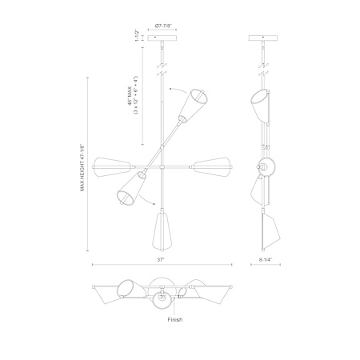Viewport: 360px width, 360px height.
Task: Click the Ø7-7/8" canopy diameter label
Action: coord(162,26)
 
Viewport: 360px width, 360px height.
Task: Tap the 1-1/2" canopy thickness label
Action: coord(137,35)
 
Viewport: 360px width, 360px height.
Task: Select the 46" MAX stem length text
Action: coord(130,95)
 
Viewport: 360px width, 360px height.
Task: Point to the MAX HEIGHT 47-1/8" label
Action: coord(82,168)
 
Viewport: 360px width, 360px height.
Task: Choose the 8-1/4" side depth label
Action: coord(265,259)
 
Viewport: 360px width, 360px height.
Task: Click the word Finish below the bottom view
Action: coord(175,319)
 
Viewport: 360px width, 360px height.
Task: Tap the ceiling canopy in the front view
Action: coord(162,38)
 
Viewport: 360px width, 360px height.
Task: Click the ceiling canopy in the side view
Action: coord(263,38)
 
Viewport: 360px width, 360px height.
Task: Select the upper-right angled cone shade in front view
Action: coord(194,105)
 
